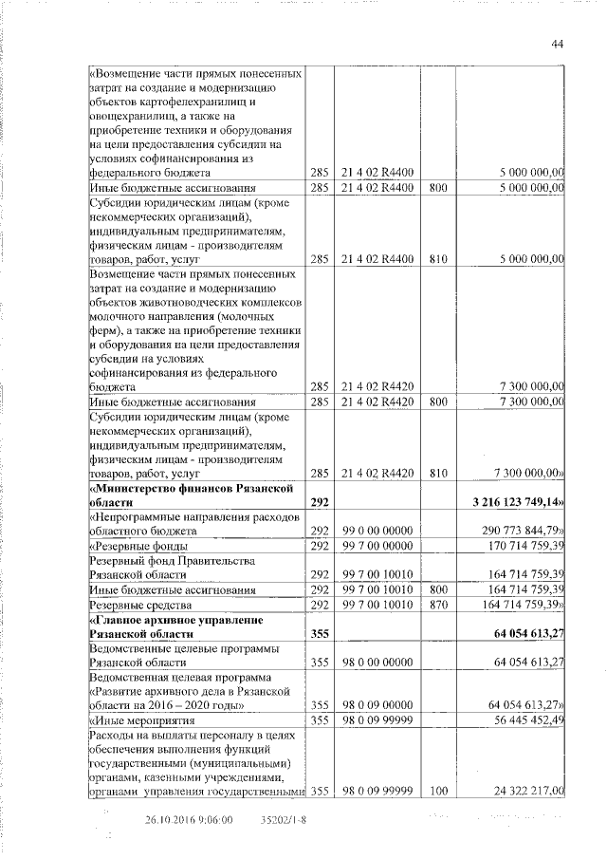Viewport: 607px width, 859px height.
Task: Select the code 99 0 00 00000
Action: pos(377,531)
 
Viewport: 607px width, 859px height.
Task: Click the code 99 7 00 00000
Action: pos(377,547)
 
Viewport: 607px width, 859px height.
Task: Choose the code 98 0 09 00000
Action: pos(377,706)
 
